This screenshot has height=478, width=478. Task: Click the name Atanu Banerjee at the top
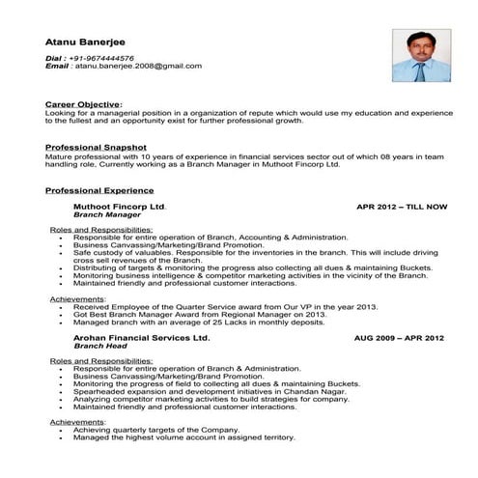[87, 42]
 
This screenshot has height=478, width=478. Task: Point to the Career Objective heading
[84, 102]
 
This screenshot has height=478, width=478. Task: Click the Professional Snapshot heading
[95, 147]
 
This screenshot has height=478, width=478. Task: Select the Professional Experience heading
[100, 190]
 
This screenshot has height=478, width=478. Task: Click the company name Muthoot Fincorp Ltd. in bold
[120, 207]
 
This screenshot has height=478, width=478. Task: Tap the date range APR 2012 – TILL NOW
[402, 207]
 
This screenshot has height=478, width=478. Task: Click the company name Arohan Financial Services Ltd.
[141, 339]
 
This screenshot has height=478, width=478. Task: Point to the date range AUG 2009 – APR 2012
[399, 339]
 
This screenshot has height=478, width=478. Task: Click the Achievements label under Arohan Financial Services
[77, 423]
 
